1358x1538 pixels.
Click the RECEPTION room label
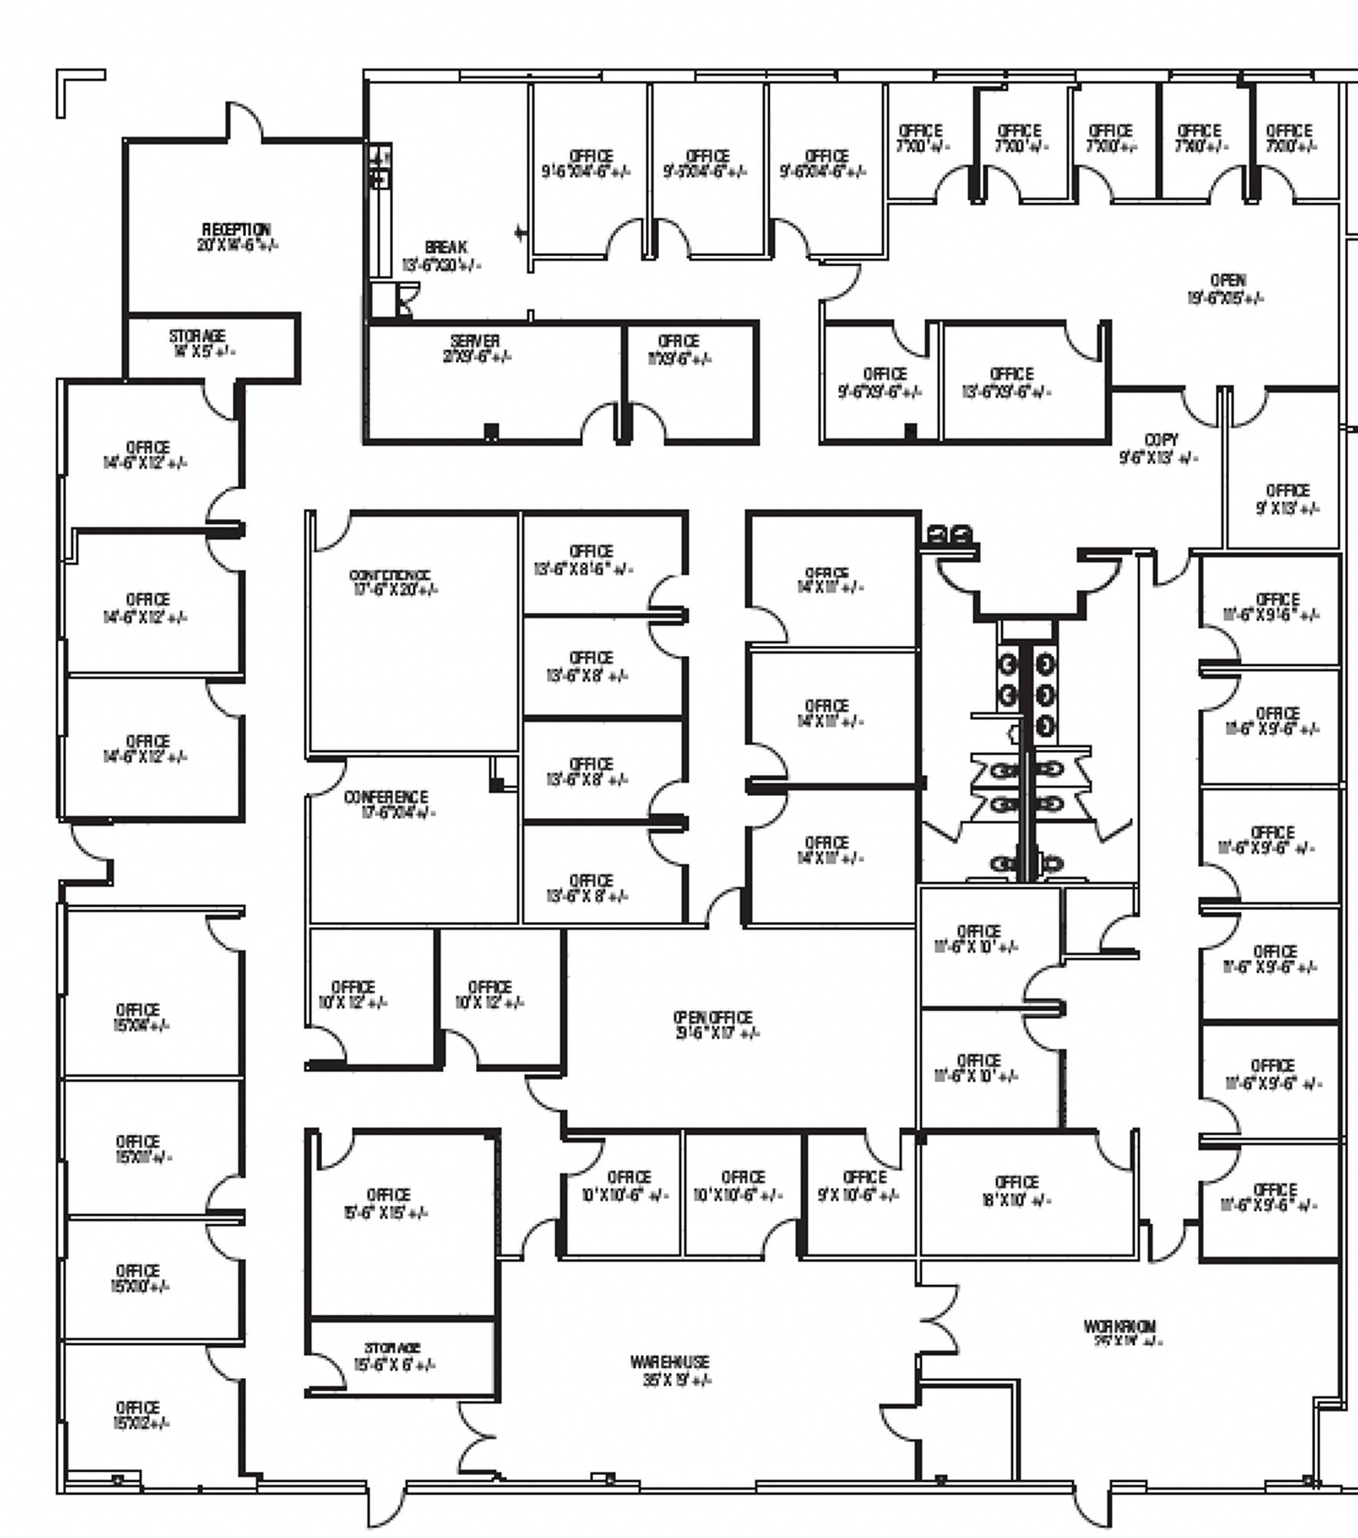coord(237,237)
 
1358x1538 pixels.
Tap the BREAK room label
coord(444,256)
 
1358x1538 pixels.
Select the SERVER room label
coord(476,348)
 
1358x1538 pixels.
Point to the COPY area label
coord(1160,448)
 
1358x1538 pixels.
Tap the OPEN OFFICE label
coord(714,1024)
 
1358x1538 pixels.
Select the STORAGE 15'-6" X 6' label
coord(393,1357)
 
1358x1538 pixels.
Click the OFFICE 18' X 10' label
coord(1017,1191)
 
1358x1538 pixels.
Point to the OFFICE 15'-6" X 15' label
coord(388,1203)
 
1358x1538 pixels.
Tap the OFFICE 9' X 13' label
coord(1287,499)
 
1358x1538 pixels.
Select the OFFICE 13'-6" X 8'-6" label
coord(591,560)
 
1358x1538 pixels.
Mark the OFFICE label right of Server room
coord(678,349)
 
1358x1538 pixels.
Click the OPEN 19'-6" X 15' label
coord(1227,288)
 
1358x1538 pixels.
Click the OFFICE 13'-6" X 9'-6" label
coord(1010,382)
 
